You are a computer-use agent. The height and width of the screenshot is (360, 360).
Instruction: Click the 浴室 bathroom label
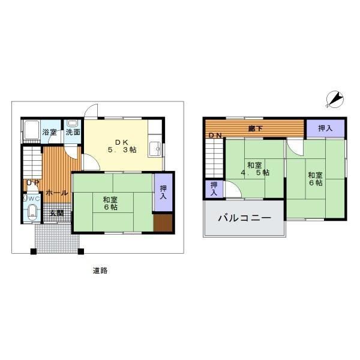click(49, 132)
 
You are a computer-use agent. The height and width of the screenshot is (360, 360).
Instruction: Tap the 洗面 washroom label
click(73, 132)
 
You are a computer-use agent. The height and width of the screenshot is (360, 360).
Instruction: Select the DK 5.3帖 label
click(122, 146)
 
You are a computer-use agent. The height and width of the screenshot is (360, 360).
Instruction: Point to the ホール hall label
click(57, 193)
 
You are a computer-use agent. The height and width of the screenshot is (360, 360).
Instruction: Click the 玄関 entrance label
click(57, 213)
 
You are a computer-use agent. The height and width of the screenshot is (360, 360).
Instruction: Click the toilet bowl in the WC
click(32, 211)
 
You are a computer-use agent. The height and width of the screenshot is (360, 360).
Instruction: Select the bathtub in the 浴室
click(32, 130)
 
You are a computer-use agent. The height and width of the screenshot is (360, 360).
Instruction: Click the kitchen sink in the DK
click(155, 149)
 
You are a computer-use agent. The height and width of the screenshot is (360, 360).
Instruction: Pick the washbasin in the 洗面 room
click(73, 123)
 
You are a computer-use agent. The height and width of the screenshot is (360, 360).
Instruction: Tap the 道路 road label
click(100, 271)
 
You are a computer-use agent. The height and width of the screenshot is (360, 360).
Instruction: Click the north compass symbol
click(335, 99)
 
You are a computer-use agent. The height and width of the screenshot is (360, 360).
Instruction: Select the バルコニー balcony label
click(245, 217)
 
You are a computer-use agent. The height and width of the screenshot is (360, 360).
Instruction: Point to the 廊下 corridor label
click(256, 128)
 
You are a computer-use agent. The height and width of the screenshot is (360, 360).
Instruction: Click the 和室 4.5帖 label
click(255, 169)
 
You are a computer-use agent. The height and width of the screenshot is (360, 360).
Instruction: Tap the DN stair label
click(215, 136)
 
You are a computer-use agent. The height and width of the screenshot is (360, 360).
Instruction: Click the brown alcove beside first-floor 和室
click(163, 223)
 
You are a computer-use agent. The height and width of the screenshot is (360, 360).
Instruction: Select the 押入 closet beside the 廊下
click(326, 128)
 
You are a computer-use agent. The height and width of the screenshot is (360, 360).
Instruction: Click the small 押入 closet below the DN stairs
click(214, 189)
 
